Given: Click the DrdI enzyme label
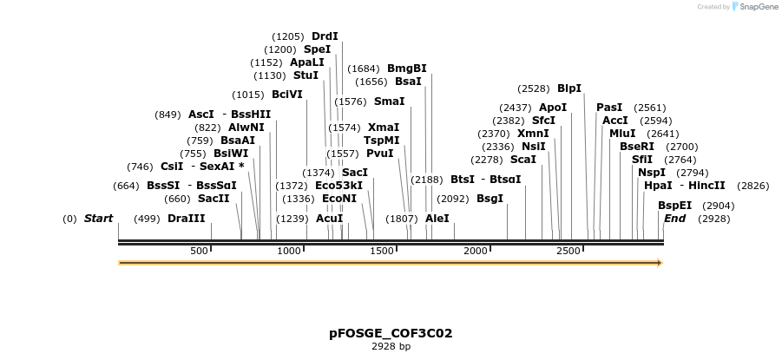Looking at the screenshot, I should [325, 36].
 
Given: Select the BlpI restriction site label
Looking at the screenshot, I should [569, 88].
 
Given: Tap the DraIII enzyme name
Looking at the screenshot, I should [187, 219].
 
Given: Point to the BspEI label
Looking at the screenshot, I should [674, 206].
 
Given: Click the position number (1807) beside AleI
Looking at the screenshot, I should [401, 219].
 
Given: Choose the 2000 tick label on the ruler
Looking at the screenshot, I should [476, 251].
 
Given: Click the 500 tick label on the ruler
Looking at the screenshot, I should [200, 251].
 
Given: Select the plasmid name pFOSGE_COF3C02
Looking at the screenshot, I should [391, 333].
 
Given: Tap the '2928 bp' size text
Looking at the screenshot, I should [391, 347].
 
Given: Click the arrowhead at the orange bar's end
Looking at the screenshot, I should [660, 263].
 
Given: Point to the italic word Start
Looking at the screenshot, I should [98, 219].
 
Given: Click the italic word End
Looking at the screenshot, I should [674, 219].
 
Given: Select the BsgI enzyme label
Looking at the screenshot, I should [490, 199].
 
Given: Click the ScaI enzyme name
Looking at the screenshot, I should [523, 160].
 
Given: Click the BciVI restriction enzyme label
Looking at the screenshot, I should [287, 95].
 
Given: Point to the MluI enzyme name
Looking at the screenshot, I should [622, 134].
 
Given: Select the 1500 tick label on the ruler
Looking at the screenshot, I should [383, 251].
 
